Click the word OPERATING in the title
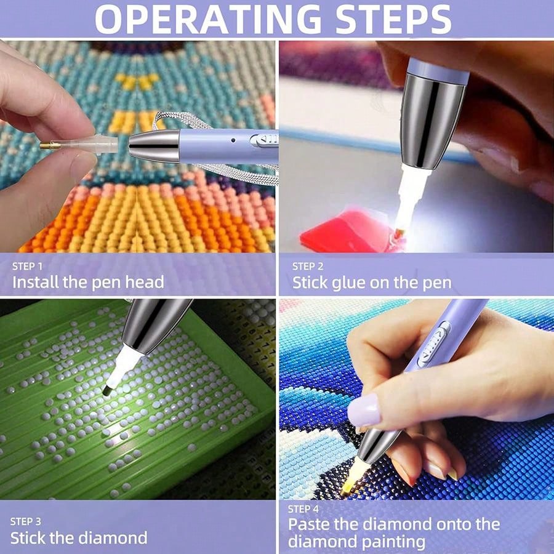point(208,20)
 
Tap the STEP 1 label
point(27,267)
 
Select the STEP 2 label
point(307,267)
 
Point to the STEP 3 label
point(25,521)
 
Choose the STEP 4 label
point(303,509)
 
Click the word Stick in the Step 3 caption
point(28,538)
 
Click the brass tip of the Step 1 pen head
point(46,145)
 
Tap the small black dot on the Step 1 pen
point(233,140)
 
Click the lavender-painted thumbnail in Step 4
point(364,411)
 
